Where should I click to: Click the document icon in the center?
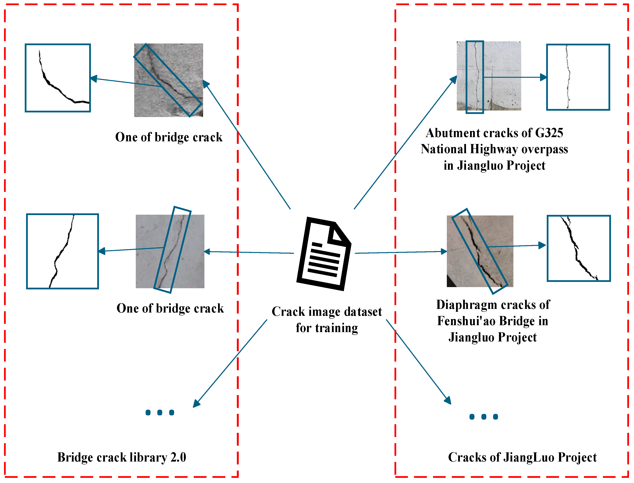pyautogui.click(x=324, y=254)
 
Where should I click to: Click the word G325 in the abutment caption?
pyautogui.click(x=549, y=133)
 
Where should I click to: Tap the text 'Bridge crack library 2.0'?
pyautogui.click(x=122, y=457)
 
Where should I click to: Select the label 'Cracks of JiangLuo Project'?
pyautogui.click(x=522, y=457)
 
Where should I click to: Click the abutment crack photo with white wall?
pyautogui.click(x=489, y=76)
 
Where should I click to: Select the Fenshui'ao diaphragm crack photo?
pyautogui.click(x=480, y=251)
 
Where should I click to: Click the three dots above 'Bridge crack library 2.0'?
pyautogui.click(x=160, y=413)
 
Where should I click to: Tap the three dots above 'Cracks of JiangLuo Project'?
pyautogui.click(x=484, y=417)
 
